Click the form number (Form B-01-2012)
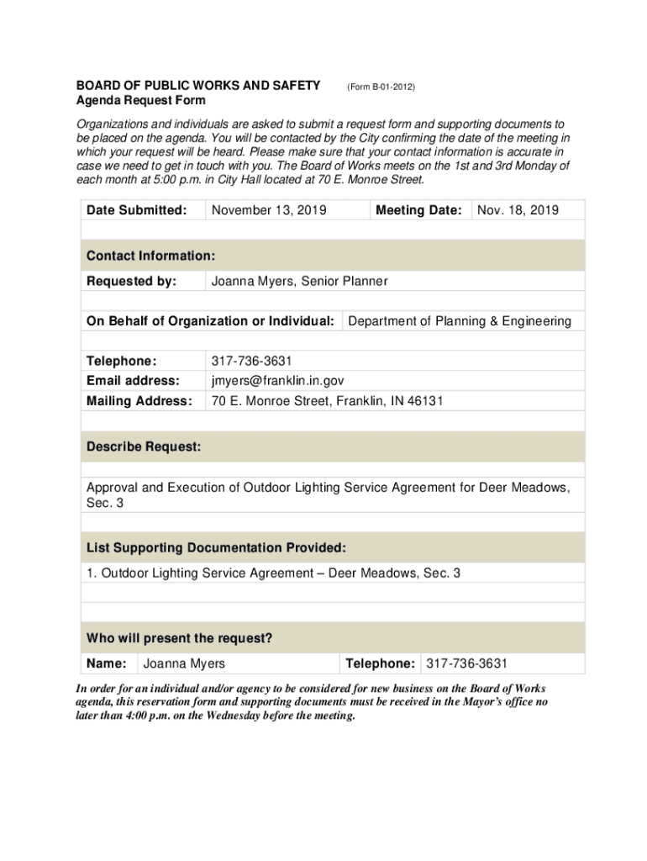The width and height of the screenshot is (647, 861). (381, 87)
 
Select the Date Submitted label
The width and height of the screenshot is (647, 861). (136, 210)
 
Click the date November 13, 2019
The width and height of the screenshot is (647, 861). (269, 210)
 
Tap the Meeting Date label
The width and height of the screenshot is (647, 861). (418, 210)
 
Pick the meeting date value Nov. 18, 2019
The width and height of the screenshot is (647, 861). (518, 210)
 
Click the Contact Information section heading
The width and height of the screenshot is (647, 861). (150, 256)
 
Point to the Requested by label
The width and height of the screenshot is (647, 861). (131, 281)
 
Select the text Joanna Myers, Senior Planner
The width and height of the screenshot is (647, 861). (299, 281)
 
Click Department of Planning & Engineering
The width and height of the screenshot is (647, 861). (460, 320)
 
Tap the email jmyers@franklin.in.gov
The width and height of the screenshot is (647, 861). (277, 381)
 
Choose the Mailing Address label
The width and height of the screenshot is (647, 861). (139, 401)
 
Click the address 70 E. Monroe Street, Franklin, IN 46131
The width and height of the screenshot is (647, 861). (327, 401)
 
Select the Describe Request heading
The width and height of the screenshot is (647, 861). (144, 447)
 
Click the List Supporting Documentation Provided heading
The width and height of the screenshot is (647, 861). (216, 548)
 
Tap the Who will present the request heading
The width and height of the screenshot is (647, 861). (179, 639)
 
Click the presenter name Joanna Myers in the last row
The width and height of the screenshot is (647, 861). (184, 664)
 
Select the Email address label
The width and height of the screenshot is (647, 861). (133, 381)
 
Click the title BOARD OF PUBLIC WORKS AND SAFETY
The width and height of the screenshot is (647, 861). (198, 86)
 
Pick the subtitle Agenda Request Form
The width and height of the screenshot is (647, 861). (140, 100)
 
